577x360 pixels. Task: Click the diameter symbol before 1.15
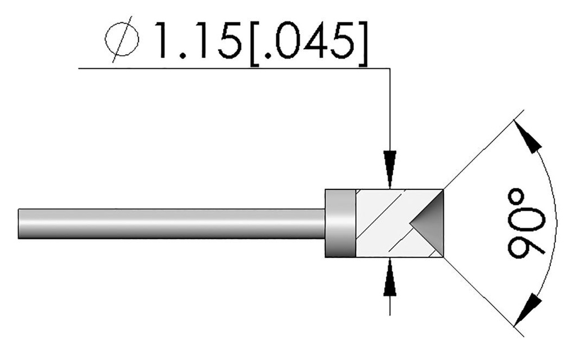pyautogui.click(x=121, y=40)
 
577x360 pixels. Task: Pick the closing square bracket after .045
pyautogui.click(x=363, y=41)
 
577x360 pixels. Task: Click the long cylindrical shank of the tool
pyautogui.click(x=169, y=224)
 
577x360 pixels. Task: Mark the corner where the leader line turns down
pyautogui.click(x=389, y=69)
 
